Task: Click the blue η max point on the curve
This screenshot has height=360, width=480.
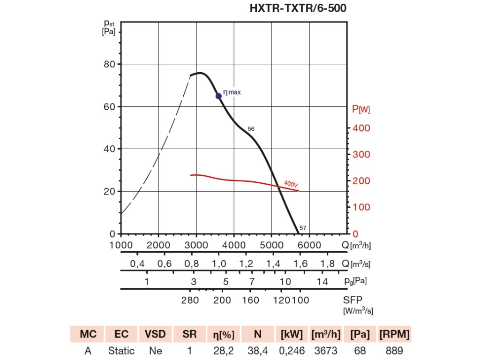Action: pyautogui.click(x=218, y=96)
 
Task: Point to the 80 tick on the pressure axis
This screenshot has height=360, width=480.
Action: pyautogui.click(x=109, y=64)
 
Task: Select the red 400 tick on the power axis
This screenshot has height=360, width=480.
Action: pyautogui.click(x=361, y=128)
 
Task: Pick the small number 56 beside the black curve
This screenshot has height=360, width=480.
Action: pyautogui.click(x=251, y=128)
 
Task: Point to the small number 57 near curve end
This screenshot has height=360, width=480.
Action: pyautogui.click(x=303, y=228)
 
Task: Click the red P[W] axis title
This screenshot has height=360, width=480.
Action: pyautogui.click(x=361, y=109)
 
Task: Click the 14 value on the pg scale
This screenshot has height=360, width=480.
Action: pyautogui.click(x=322, y=282)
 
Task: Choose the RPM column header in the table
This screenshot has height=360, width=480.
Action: pyautogui.click(x=394, y=334)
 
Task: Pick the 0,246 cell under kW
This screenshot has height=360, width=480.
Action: pyautogui.click(x=292, y=350)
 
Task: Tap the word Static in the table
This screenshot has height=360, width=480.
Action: pyautogui.click(x=121, y=350)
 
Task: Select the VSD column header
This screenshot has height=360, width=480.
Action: pyautogui.click(x=155, y=334)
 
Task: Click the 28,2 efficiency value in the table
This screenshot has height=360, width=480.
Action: pyautogui.click(x=224, y=350)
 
